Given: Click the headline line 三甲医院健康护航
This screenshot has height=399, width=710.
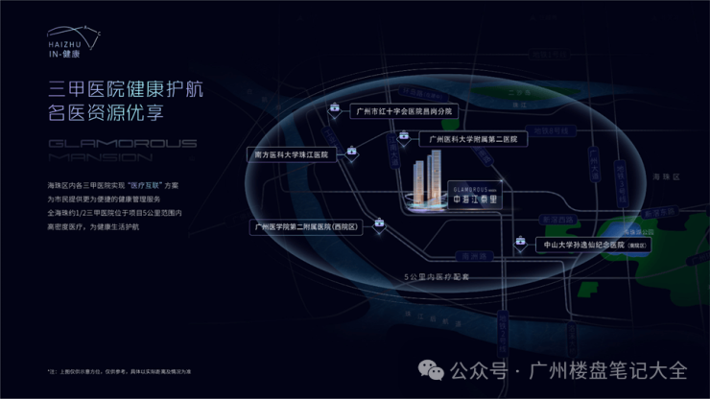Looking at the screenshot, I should pyautogui.click(x=126, y=93).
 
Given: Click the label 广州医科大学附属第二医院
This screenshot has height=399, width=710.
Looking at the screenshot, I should pyautogui.click(x=473, y=139).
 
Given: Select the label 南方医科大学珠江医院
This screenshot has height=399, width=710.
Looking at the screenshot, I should pyautogui.click(x=289, y=153).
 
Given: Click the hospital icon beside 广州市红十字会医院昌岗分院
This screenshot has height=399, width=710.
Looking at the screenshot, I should pyautogui.click(x=334, y=112).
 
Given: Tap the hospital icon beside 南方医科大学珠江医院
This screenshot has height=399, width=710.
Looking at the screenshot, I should pyautogui.click(x=352, y=152).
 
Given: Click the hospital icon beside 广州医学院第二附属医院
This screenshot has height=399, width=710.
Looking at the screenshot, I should pyautogui.click(x=381, y=226).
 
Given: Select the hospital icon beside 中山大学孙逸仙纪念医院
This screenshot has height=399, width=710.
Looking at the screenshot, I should pyautogui.click(x=522, y=245).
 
